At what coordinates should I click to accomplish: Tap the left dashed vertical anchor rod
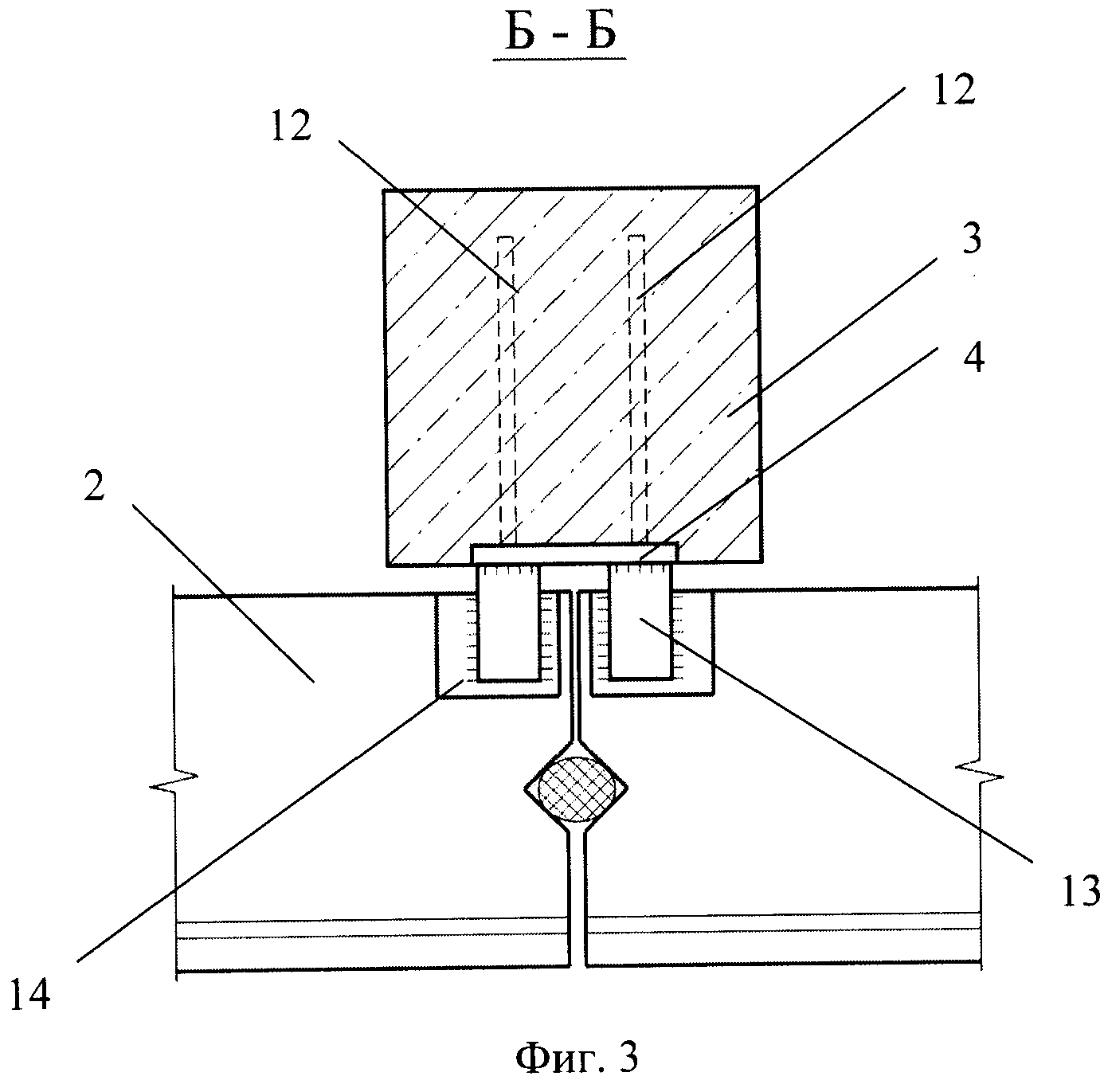[506, 390]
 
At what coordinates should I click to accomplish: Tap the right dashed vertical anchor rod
[638, 390]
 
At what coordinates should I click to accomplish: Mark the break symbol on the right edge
[979, 773]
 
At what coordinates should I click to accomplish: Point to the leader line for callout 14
[263, 820]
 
